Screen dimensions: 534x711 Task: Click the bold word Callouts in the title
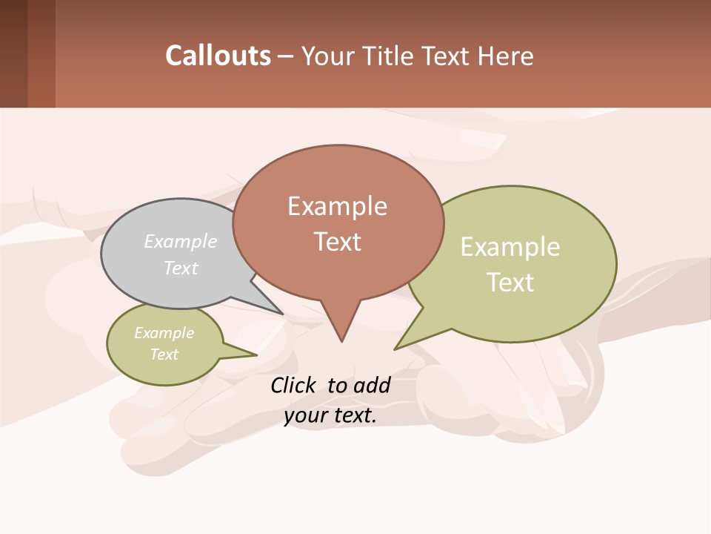(218, 56)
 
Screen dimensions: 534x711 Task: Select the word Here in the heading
(506, 56)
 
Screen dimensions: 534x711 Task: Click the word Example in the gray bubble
(181, 241)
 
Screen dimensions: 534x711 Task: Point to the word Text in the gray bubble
(181, 268)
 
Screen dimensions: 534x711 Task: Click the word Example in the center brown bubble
(337, 206)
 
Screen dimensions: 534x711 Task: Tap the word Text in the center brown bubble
(338, 242)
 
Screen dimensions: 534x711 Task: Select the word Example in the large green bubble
(510, 247)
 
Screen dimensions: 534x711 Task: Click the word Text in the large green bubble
(510, 283)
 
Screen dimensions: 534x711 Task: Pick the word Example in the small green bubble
(164, 333)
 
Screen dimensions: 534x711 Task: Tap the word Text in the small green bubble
(164, 355)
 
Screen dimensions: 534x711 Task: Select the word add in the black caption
(372, 385)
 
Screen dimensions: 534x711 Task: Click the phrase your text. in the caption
(330, 415)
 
